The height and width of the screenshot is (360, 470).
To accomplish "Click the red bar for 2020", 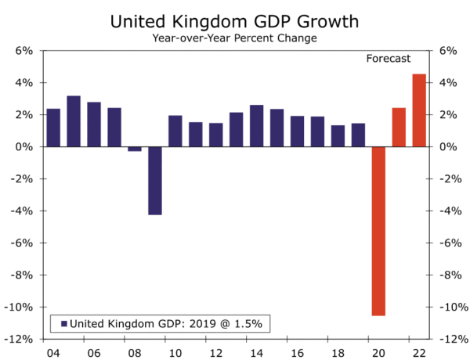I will (378, 231).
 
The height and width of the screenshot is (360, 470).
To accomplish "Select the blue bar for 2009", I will (155, 180).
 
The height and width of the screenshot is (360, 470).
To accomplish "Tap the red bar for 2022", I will (419, 110).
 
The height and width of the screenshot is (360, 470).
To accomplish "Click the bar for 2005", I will (74, 121).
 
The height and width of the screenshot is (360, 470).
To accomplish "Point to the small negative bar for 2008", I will (135, 149).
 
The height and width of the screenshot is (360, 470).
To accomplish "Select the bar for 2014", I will (256, 126).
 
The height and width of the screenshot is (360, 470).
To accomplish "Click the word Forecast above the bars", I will (389, 59).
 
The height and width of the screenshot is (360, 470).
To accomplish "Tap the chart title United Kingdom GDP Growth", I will (234, 22).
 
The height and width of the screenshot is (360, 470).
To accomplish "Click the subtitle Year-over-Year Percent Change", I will (234, 38).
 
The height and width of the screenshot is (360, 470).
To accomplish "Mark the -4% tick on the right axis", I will (450, 211).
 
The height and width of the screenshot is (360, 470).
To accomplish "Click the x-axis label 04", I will (53, 353).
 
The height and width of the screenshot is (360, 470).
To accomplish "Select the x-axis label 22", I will (419, 353).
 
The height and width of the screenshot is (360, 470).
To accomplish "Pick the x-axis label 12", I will (216, 353).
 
